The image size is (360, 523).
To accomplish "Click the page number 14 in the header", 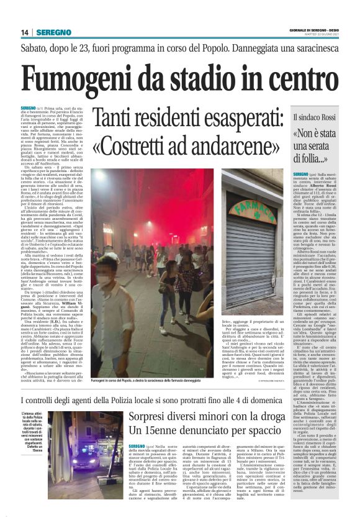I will tap(24, 32).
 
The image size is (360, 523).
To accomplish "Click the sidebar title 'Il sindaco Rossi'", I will tap(314, 116).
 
